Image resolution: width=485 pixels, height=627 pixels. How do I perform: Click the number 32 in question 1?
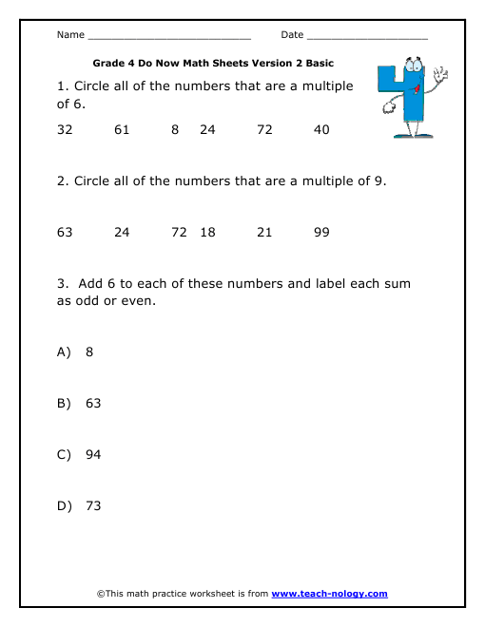[65, 130]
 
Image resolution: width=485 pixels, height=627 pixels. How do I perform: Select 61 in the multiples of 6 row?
[122, 130]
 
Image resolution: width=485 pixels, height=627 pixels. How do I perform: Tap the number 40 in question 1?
[321, 130]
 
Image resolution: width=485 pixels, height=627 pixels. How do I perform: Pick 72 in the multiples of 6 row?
[265, 130]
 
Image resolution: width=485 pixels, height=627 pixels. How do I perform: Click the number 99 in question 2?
[321, 232]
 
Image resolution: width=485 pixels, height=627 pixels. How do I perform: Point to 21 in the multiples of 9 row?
[265, 232]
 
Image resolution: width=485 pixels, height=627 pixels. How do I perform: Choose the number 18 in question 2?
[208, 232]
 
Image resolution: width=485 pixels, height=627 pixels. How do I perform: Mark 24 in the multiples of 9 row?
[122, 232]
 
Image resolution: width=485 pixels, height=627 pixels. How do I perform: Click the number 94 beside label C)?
[93, 454]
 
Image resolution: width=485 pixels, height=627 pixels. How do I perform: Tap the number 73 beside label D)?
[93, 505]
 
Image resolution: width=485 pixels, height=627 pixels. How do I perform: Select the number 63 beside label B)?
[93, 403]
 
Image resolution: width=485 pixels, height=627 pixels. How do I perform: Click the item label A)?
[65, 351]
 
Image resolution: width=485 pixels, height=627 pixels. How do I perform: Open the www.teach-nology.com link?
[329, 594]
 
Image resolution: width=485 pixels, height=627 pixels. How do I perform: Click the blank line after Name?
[168, 37]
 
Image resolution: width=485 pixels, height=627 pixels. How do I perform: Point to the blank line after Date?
[367, 37]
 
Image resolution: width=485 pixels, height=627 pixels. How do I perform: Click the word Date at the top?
[292, 35]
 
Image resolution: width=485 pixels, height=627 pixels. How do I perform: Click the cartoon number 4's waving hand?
[438, 73]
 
